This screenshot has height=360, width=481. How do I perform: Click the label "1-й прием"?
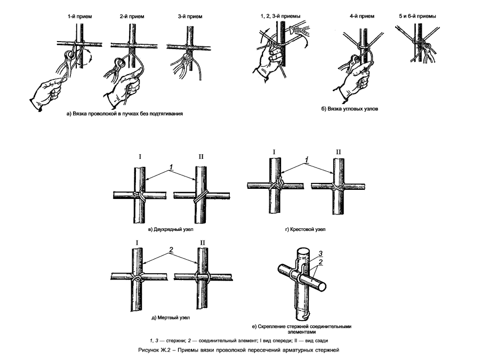click(x=79, y=17)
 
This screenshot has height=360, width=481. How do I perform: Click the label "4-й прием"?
click(x=361, y=17)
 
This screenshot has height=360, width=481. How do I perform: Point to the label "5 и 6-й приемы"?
click(x=418, y=17)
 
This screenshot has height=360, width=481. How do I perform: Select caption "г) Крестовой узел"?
click(x=305, y=230)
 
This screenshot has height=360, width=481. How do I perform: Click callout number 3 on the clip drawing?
click(x=320, y=253)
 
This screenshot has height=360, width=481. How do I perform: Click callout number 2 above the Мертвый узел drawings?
click(x=170, y=250)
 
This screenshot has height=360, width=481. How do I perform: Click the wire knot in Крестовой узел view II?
click(x=338, y=187)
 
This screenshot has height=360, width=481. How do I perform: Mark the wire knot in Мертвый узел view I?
click(x=137, y=278)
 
